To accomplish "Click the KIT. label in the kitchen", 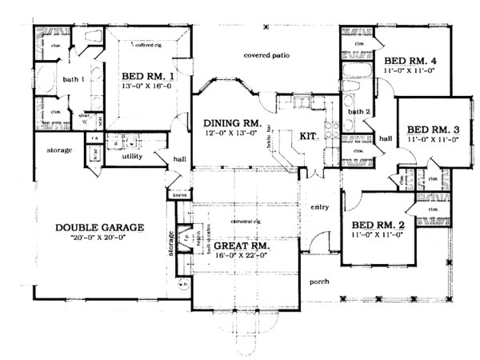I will coord(309,136).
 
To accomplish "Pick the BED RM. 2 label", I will coord(379,226).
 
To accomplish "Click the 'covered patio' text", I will coord(267,55).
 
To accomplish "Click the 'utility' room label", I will coord(132,156).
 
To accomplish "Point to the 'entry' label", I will coord(319,207).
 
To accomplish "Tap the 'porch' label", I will coord(320,282).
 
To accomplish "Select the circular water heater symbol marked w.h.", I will coord(183,284).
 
